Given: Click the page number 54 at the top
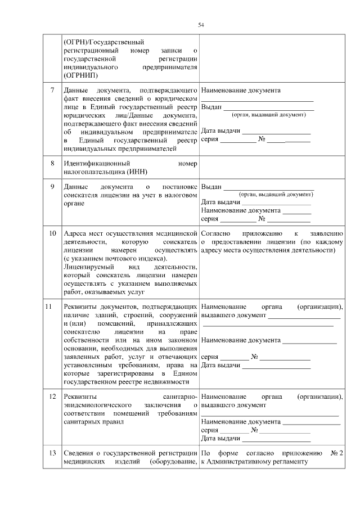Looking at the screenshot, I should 201,25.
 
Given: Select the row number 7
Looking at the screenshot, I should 52,90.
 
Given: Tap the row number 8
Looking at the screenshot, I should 52,164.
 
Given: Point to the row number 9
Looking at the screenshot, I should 52,187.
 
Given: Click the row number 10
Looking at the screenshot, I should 52,233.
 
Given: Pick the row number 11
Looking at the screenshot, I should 49,307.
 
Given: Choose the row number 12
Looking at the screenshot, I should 52,397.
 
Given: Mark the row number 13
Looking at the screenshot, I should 52,453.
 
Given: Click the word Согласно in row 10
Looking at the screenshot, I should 214,233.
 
